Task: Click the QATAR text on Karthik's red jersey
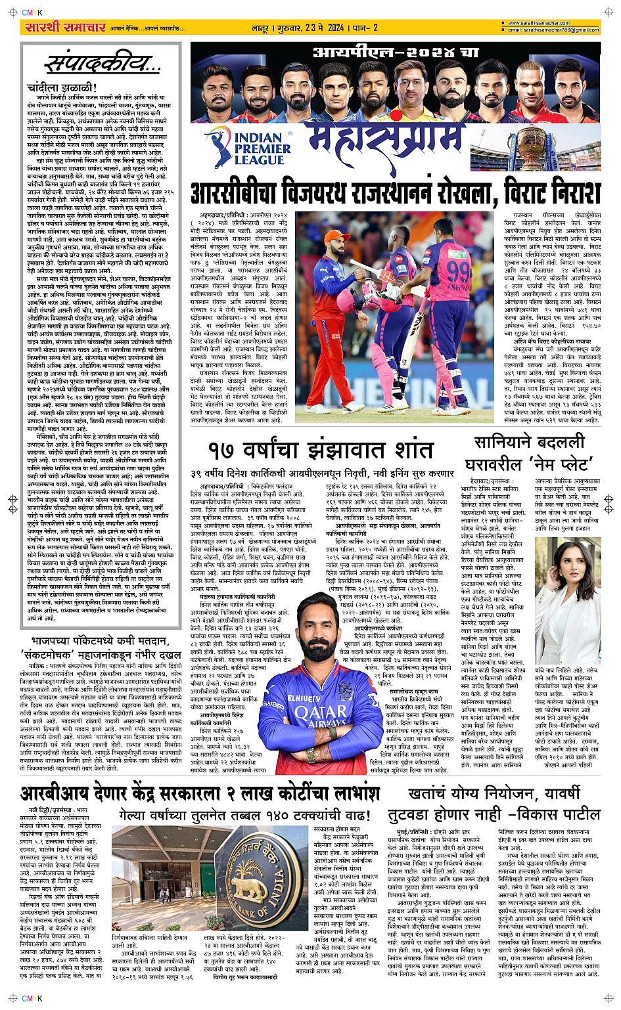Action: pyautogui.click(x=320, y=713)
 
